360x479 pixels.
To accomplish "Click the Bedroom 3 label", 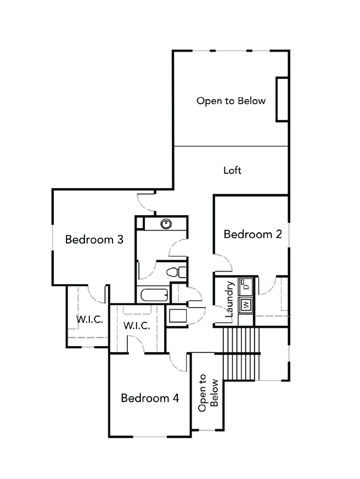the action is pos(94,239).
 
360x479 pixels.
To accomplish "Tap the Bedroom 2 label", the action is pos(253,234).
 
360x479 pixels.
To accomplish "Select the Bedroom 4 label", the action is pos(150,398).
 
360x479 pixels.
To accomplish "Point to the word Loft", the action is pos(232,170).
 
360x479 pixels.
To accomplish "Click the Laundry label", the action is pos(229,300).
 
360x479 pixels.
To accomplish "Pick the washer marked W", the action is pos(246,305).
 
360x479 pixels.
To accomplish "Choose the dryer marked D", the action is pos(246,286).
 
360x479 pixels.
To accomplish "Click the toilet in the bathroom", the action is pos(176,272).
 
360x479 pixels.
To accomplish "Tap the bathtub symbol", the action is pos(154,295).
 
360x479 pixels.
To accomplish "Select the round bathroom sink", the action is pos(166,224).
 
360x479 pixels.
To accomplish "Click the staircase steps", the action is pos(241,354).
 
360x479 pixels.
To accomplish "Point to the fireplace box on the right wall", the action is pos(282,100).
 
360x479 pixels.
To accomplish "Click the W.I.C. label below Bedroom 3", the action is pos(89,319).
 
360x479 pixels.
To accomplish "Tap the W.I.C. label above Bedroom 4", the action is pos(137,326).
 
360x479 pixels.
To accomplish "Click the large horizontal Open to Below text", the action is pos(231,101).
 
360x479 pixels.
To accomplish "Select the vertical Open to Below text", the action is pos(208,393).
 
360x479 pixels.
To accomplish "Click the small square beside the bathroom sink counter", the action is pos(140,223).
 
